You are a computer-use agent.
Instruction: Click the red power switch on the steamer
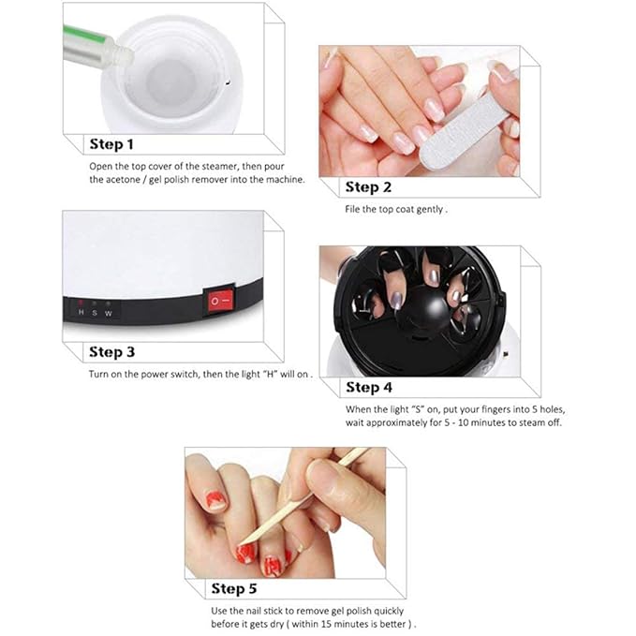[221, 303]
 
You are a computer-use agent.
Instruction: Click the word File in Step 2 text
[353, 209]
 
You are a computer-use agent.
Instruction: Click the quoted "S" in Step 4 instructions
[410, 408]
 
